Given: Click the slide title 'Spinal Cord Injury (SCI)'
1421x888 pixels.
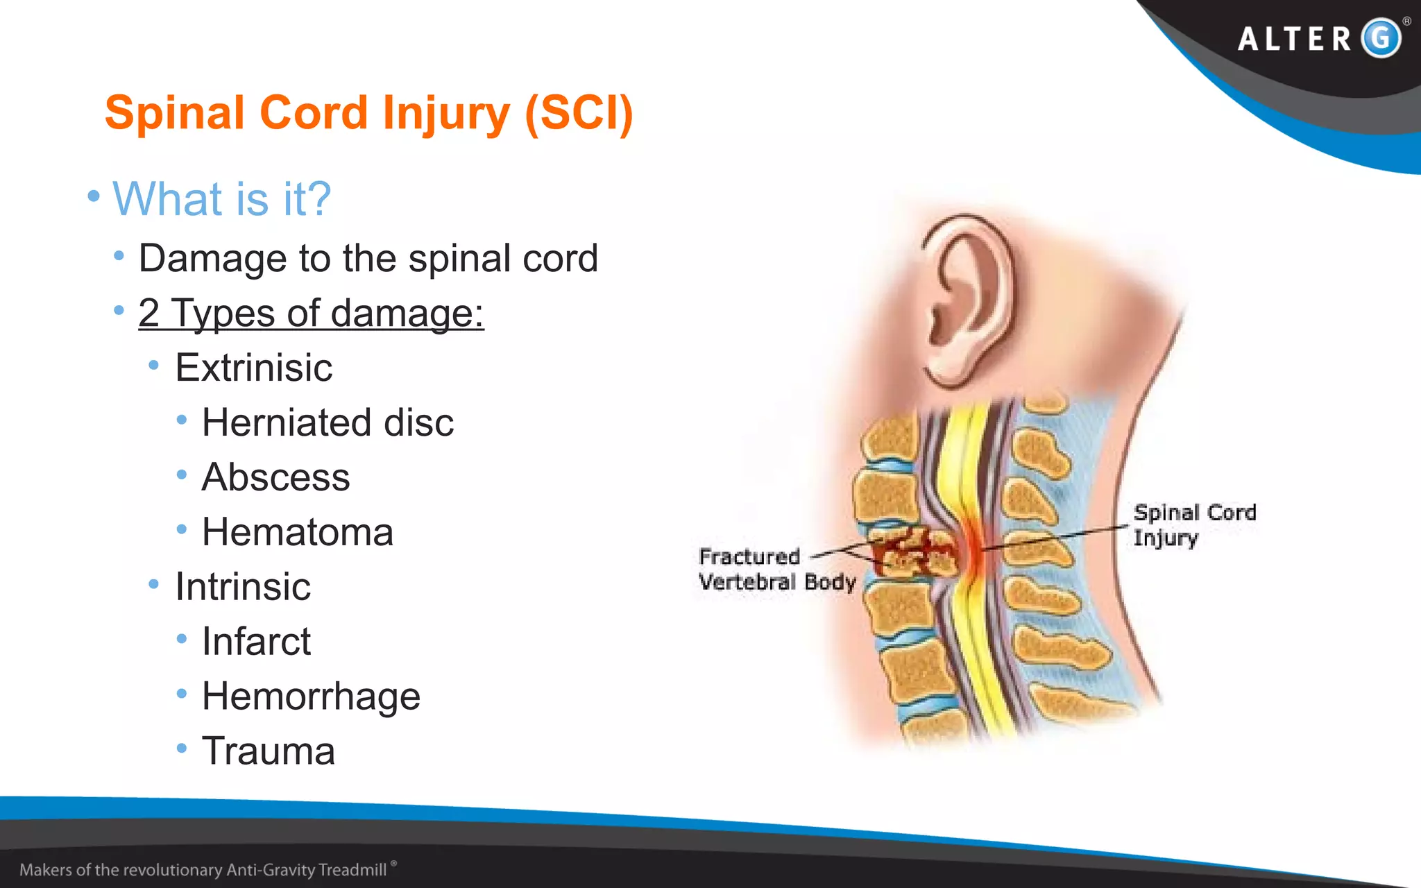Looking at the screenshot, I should (368, 113).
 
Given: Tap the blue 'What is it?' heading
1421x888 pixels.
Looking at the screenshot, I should (221, 199).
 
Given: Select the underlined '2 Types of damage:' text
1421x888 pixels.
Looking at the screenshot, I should (311, 313).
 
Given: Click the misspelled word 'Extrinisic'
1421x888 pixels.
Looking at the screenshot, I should (253, 368).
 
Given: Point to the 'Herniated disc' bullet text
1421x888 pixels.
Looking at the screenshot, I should (327, 422).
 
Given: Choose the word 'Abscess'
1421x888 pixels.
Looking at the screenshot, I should (275, 477).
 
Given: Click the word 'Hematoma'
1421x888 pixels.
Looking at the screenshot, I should (297, 532).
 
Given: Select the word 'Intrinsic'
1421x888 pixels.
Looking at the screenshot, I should (242, 587).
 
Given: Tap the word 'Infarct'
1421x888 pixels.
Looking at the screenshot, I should (255, 642).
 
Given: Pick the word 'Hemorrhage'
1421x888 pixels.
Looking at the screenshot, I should (311, 697).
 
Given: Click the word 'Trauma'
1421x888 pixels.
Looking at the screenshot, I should (268, 751).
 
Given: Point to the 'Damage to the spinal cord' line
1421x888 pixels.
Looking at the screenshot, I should (368, 259).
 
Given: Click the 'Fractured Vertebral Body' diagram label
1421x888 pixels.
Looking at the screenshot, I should (776, 569).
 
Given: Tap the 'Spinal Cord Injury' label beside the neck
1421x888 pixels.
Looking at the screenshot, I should (1194, 525).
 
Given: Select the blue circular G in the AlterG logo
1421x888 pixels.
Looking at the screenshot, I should (1381, 38).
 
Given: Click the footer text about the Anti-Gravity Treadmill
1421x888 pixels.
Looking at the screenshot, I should (203, 870).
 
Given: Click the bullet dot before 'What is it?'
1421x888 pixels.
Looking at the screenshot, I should (94, 196).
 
